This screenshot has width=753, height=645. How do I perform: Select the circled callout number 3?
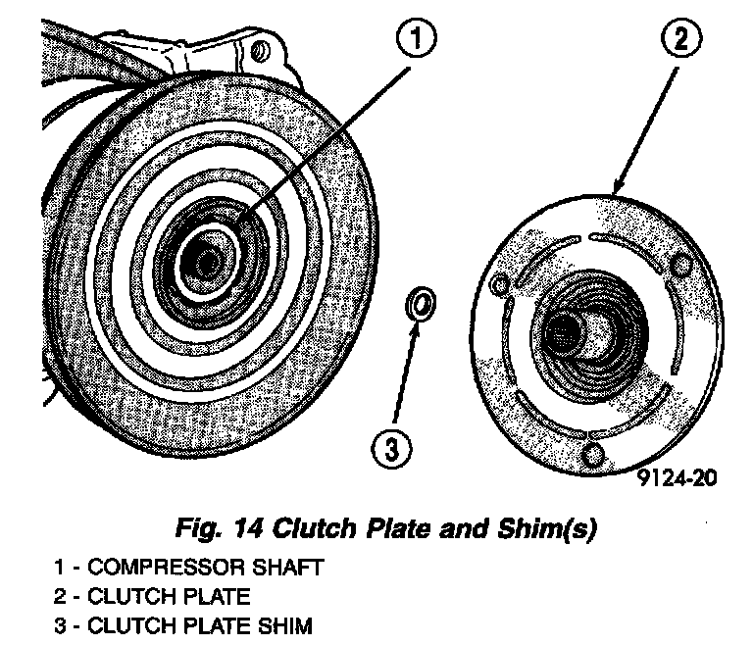[391, 450]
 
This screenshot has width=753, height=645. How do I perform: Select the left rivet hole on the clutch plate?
[499, 285]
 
